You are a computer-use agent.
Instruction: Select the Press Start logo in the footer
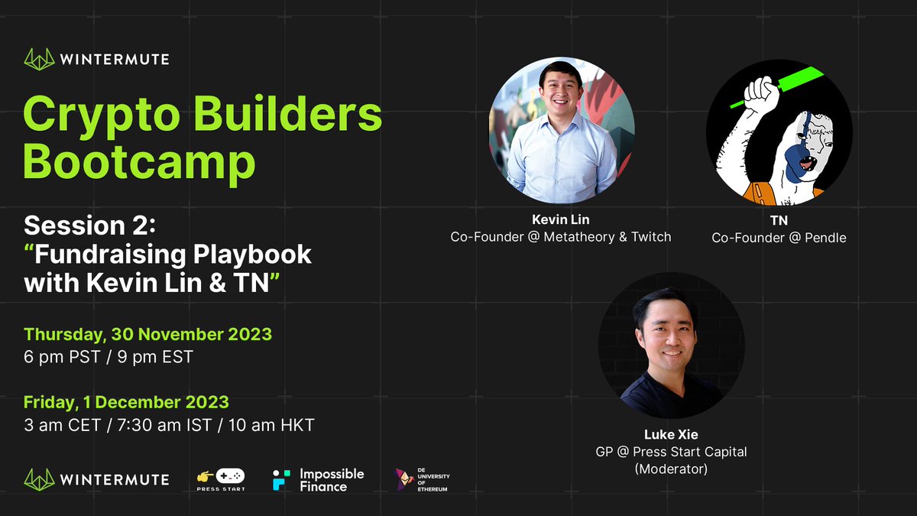tap(221, 479)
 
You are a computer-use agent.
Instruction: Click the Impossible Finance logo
tap(319, 479)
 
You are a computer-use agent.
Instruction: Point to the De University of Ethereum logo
tap(422, 479)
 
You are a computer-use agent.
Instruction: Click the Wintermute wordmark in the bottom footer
tap(114, 479)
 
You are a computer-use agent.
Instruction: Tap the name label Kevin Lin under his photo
tap(560, 220)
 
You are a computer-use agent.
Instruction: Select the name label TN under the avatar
tap(779, 221)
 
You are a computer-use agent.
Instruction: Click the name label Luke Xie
tap(671, 435)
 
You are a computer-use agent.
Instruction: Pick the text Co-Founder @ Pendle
tap(779, 238)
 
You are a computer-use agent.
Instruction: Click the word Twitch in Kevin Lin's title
tap(651, 237)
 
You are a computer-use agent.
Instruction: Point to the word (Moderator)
tap(671, 469)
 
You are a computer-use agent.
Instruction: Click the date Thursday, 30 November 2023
tap(147, 334)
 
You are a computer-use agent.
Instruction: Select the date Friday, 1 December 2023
tap(126, 402)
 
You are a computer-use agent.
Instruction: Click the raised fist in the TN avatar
tap(760, 95)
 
